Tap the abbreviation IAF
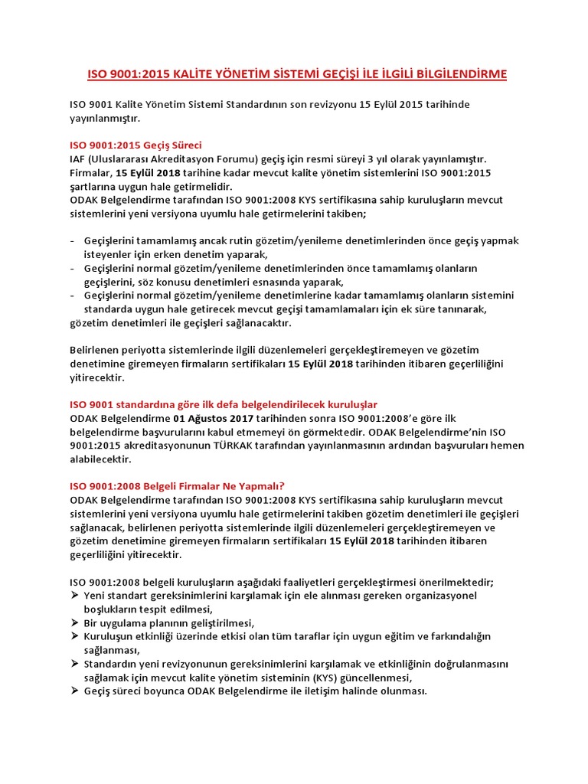coord(78,158)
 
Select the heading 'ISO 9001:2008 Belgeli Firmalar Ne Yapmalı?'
coord(177,485)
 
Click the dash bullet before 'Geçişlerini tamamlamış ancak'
coord(72,241)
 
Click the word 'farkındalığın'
coord(457,636)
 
